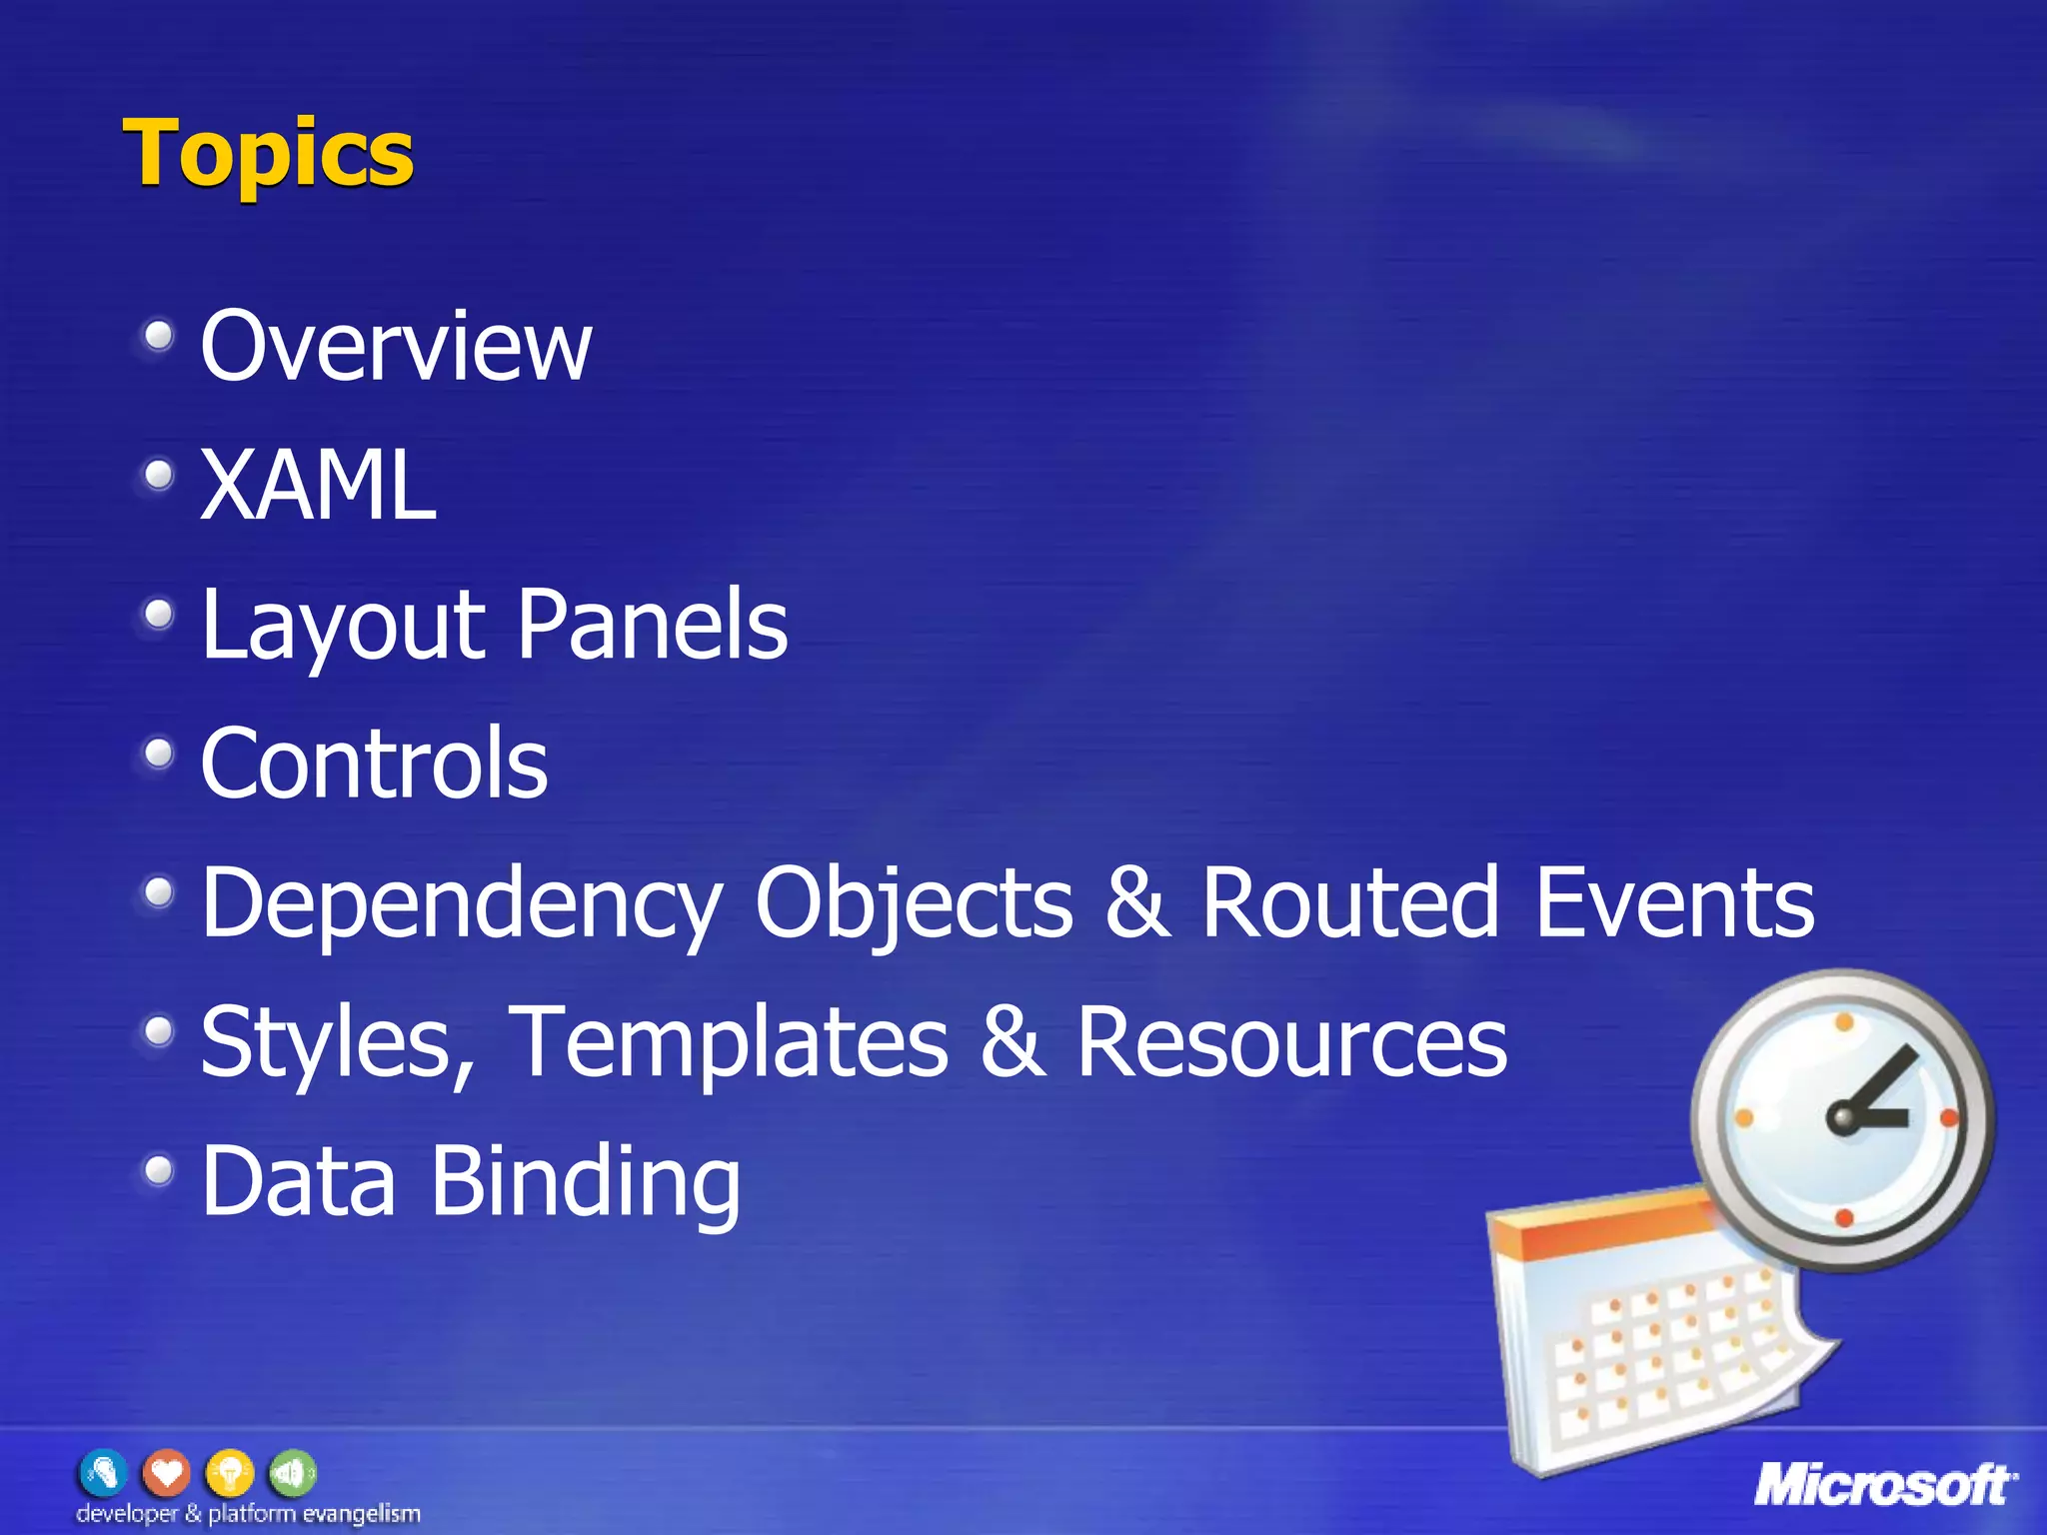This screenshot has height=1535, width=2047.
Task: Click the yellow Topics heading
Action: pos(268,154)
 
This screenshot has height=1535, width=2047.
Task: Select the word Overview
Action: pos(396,346)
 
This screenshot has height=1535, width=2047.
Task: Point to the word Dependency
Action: pos(461,904)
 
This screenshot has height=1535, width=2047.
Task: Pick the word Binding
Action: pos(586,1182)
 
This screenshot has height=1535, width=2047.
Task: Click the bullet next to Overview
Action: pos(158,337)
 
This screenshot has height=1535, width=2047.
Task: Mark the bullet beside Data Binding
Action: pos(158,1169)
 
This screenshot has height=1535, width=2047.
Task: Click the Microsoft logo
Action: pos(1885,1484)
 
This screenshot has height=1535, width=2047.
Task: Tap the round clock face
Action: pos(1842,1119)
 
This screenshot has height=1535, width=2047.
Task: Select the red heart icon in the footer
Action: pos(166,1473)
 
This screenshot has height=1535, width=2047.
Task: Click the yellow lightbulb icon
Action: pos(229,1473)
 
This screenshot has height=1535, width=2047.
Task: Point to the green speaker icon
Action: pos(291,1473)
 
